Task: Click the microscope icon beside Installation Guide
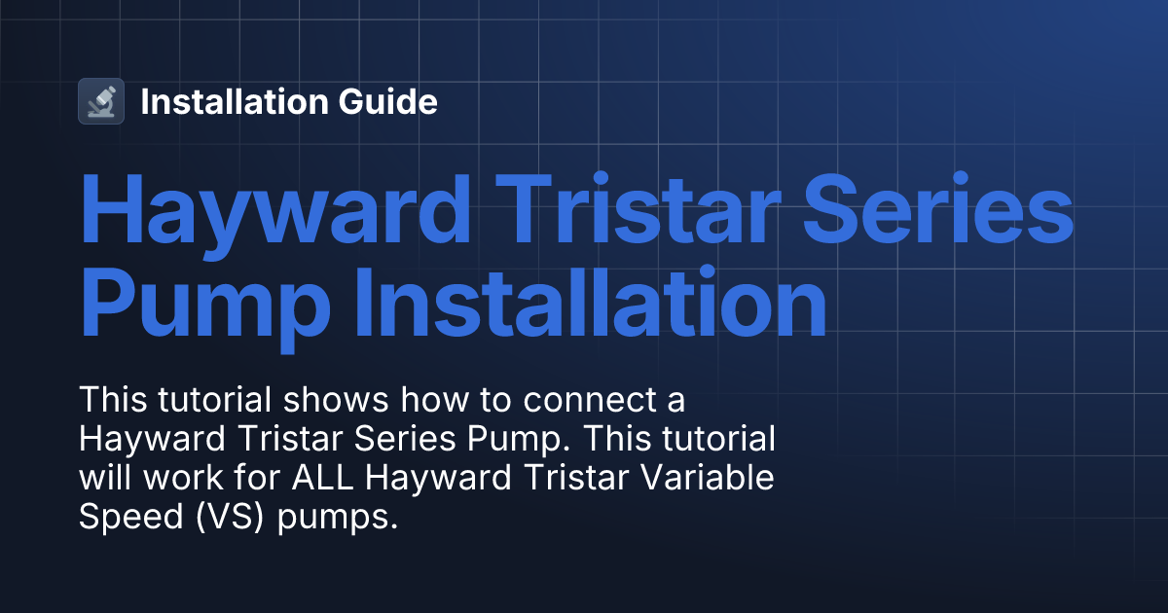[101, 101]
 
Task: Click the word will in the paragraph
[103, 479]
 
